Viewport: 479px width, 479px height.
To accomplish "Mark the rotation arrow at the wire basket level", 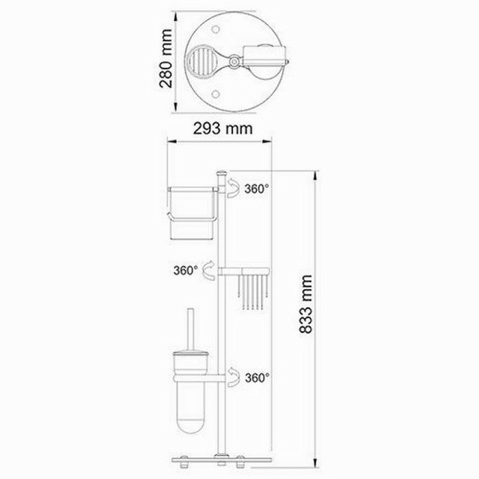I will tap(209, 270).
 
